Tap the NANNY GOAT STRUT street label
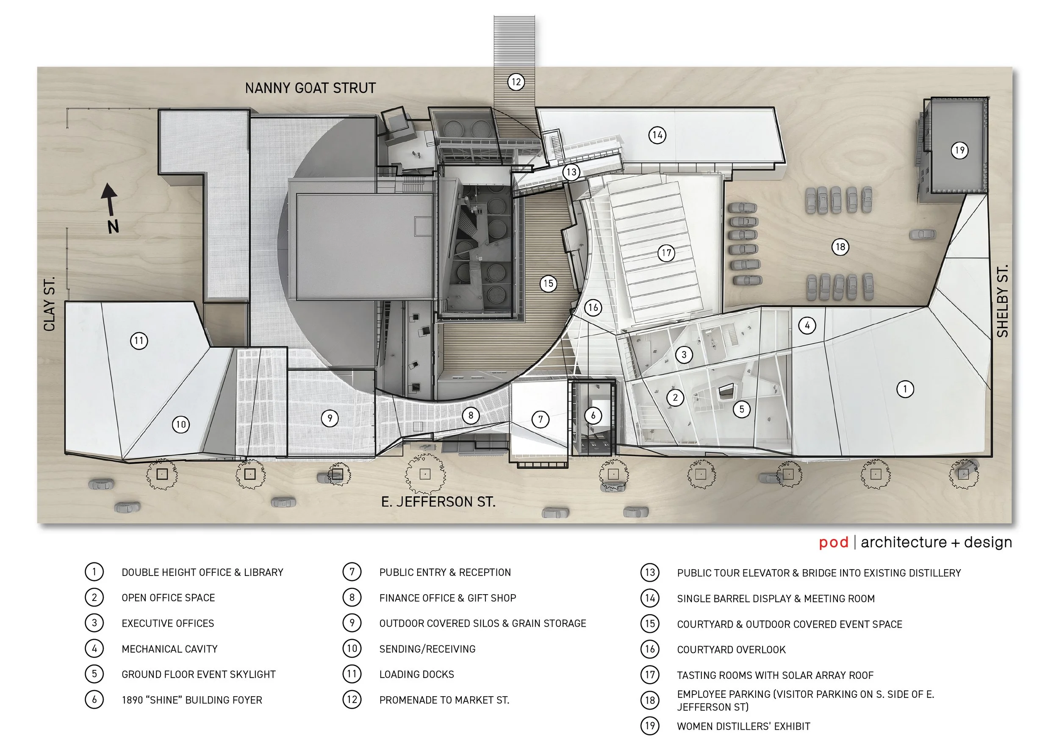click(310, 88)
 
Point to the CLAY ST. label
click(49, 304)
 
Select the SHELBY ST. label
click(1002, 301)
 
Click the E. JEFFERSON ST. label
click(438, 502)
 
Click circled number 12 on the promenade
click(516, 82)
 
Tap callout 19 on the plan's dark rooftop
click(959, 150)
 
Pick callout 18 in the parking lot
click(840, 246)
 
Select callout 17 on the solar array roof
click(666, 253)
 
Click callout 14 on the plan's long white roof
click(657, 136)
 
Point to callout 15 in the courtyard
click(548, 283)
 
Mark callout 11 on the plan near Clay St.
click(139, 341)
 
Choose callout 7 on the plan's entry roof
click(540, 420)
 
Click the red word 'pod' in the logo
click(833, 543)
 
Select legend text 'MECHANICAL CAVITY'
click(170, 649)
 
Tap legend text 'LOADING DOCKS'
click(416, 675)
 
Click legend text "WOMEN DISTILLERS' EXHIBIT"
click(744, 727)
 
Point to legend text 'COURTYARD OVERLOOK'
click(731, 650)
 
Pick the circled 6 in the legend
click(94, 700)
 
